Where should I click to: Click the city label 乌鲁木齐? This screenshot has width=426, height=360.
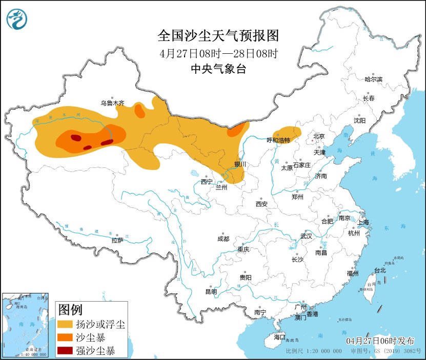tap(112, 103)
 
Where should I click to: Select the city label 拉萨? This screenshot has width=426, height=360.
tap(117, 240)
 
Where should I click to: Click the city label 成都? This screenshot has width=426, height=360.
tap(223, 239)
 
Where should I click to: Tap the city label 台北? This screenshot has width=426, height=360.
tap(379, 270)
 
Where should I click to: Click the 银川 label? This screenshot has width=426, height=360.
tap(240, 164)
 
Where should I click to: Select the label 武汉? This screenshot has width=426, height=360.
tap(307, 236)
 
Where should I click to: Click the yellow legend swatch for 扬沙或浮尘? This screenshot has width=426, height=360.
tap(65, 324)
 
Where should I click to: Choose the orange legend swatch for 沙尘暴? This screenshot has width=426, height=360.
tap(65, 337)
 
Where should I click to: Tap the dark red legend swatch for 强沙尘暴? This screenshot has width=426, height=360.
tap(65, 351)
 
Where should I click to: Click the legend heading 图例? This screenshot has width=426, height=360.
tap(71, 310)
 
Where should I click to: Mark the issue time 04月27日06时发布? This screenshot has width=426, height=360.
tap(378, 341)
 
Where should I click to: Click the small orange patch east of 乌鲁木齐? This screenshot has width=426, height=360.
tap(139, 110)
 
